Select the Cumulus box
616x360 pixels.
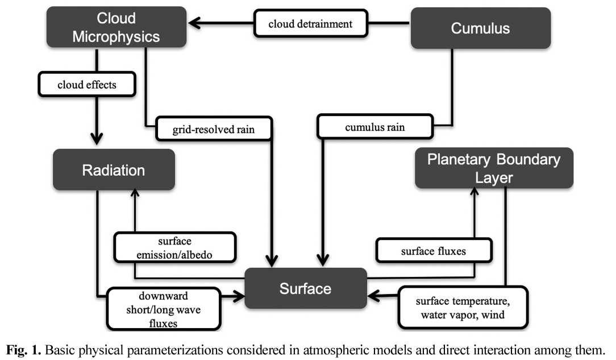(x=480, y=28)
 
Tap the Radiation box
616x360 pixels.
(x=113, y=169)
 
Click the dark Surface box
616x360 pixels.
(x=305, y=288)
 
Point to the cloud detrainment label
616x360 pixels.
(x=311, y=23)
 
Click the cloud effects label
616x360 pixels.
(x=87, y=85)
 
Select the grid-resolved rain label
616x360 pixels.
(x=214, y=129)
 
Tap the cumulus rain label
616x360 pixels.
(x=375, y=127)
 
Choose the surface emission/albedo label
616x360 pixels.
(x=174, y=248)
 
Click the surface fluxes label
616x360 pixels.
(x=433, y=250)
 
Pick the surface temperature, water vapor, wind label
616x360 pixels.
(x=463, y=307)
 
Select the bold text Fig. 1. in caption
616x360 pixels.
(x=26, y=348)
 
